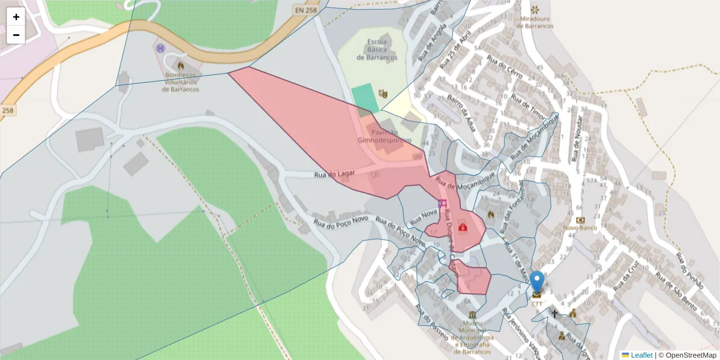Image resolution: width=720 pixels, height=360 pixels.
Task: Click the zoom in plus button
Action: coord(16,17)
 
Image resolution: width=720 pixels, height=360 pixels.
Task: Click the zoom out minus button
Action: coord(16,35)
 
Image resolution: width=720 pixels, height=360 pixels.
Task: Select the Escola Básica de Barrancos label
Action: coord(377,50)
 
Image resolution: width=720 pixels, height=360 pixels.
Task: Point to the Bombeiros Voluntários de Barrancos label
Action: coord(181,82)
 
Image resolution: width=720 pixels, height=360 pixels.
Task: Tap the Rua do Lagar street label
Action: coord(335,174)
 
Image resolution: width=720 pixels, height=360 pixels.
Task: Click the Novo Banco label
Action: coord(580,229)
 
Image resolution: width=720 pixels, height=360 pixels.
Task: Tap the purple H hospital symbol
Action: coord(160,48)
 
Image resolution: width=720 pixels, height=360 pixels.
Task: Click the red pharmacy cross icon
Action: coord(463,227)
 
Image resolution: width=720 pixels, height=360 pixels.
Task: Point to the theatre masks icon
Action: coord(383,94)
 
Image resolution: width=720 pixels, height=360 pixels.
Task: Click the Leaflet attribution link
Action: coord(641,355)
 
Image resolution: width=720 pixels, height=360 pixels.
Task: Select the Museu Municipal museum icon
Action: coord(473,316)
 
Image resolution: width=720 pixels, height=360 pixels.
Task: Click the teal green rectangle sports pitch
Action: coord(365,98)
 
